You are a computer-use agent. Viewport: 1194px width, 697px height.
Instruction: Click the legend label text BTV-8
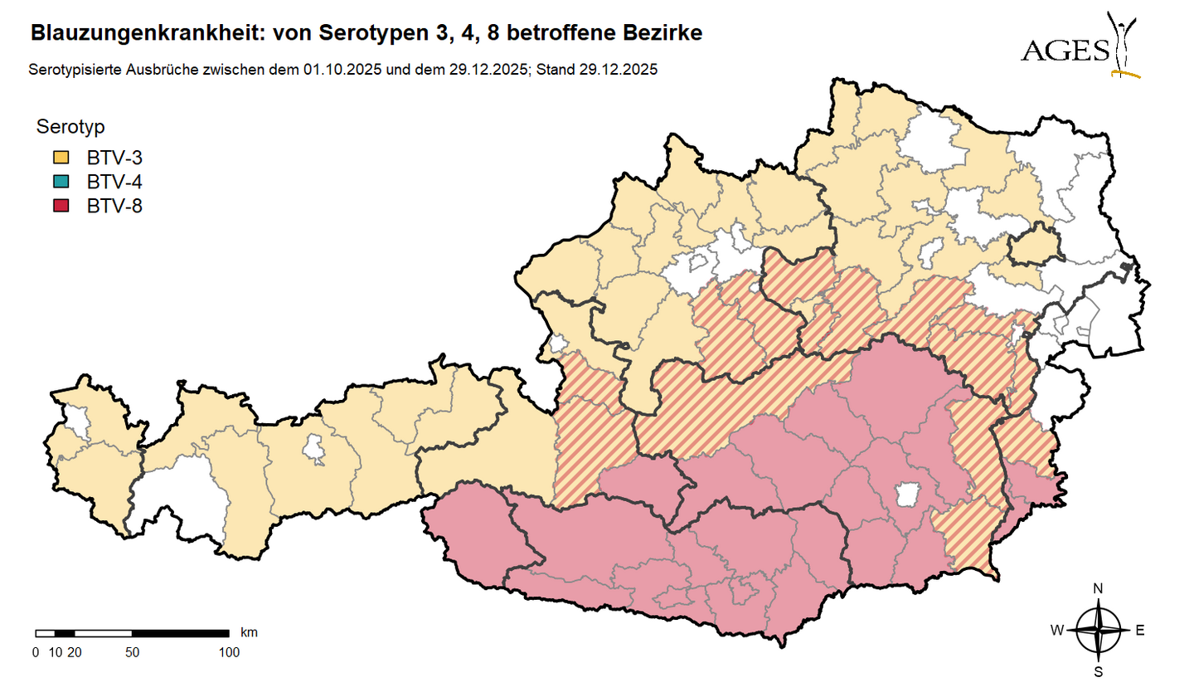114,207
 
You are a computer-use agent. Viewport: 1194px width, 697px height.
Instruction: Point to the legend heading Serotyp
70,127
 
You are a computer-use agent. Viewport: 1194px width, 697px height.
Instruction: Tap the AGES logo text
1065,51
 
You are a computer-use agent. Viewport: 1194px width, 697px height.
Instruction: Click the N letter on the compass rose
1099,588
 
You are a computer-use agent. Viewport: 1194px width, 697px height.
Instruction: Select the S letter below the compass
1099,671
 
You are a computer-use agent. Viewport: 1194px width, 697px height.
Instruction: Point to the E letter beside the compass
1140,631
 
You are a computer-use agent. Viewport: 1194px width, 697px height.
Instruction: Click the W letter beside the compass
1057,631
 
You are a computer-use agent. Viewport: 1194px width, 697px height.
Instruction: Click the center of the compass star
1099,631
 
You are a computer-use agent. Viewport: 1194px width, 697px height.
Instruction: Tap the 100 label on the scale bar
229,652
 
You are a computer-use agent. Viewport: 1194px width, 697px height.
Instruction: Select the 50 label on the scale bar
132,652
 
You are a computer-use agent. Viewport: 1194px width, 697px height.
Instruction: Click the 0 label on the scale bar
36,652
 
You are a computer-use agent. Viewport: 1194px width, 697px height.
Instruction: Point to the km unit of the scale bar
249,632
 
